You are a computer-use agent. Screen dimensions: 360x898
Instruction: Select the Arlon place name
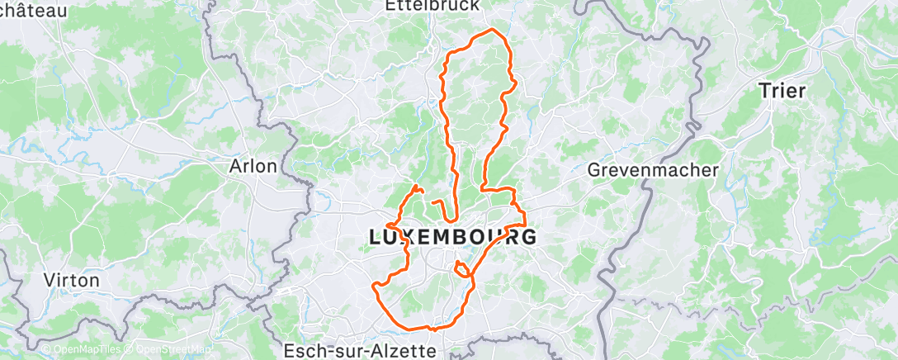tap(253, 166)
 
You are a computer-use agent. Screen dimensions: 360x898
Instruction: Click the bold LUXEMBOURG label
tap(451, 237)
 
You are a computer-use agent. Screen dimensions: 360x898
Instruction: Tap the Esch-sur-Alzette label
tap(359, 351)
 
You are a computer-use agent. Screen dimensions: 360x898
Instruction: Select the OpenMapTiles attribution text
tap(83, 349)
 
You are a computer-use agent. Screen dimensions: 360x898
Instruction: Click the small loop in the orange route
tap(463, 269)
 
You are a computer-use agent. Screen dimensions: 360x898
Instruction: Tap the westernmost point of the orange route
tap(374, 287)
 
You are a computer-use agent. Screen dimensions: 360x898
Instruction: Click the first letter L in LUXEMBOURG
tap(375, 237)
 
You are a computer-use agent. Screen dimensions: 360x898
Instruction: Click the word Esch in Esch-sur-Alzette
tap(300, 351)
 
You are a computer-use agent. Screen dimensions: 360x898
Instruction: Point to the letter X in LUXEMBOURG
tap(409, 237)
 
